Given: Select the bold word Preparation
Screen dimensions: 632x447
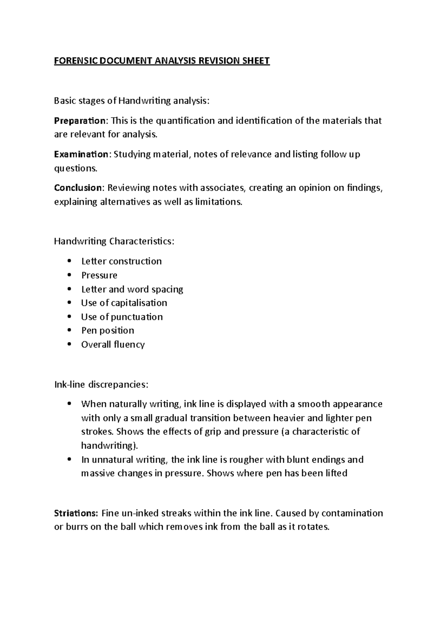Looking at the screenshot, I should click(x=80, y=121).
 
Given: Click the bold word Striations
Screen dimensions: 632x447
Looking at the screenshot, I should click(x=76, y=513).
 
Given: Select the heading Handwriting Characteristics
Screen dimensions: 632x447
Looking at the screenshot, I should click(x=114, y=241).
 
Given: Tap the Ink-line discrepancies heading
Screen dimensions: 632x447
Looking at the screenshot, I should click(x=101, y=384).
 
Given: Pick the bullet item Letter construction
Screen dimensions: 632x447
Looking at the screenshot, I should click(x=121, y=261).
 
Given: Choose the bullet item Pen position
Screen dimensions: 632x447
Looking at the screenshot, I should click(x=108, y=331).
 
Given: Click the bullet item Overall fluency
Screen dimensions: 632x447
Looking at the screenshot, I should click(x=113, y=345).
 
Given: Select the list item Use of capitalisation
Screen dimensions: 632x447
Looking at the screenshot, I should click(x=124, y=303).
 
